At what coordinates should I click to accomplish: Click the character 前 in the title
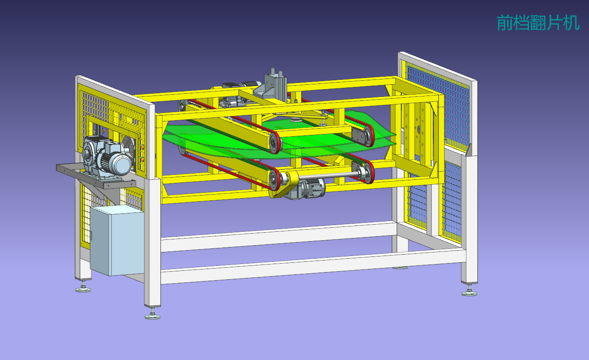tap(505, 23)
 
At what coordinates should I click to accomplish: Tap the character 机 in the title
tap(572, 23)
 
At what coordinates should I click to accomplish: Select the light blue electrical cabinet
tap(117, 241)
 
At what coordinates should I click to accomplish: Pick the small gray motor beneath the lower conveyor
tap(306, 189)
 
